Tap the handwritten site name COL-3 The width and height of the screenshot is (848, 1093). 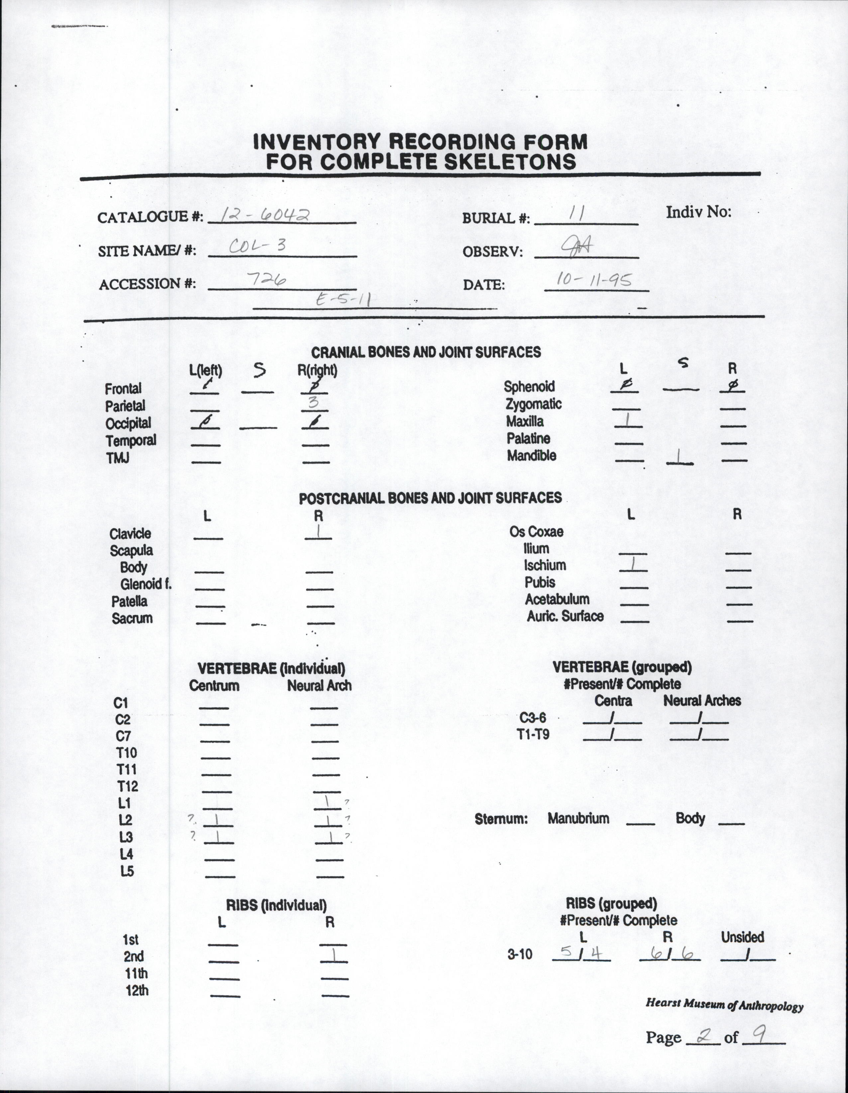click(x=257, y=246)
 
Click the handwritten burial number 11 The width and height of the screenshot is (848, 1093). click(x=577, y=214)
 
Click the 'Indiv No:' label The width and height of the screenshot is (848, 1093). click(x=698, y=212)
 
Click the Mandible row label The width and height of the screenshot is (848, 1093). click(x=531, y=456)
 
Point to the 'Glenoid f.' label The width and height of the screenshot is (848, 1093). click(x=146, y=584)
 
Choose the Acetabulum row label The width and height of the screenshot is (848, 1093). click(x=557, y=599)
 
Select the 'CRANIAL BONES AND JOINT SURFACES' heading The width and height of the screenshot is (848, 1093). click(x=426, y=352)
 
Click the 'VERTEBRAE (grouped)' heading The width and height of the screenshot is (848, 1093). click(x=622, y=667)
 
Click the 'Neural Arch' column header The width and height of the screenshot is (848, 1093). click(x=319, y=686)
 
